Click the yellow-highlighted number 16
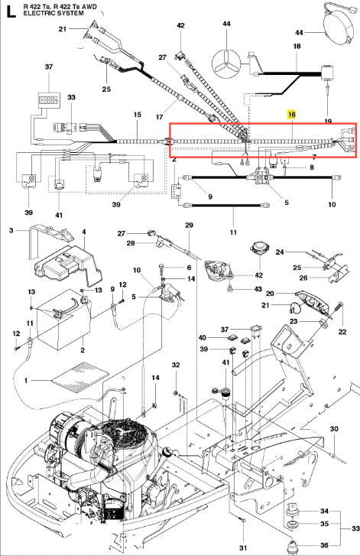[292, 115]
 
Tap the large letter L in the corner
[11, 11]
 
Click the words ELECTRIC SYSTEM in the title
[54, 14]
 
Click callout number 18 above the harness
[297, 46]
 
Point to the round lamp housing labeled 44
[339, 27]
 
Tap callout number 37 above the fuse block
[49, 67]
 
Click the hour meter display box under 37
[49, 99]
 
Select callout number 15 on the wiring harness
[137, 115]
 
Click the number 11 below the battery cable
[233, 232]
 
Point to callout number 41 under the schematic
[59, 215]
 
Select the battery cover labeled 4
[67, 263]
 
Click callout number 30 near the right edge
[334, 429]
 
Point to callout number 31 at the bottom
[243, 548]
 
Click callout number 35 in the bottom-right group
[324, 524]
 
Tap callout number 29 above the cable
[189, 225]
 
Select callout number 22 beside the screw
[342, 332]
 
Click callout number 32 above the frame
[176, 365]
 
